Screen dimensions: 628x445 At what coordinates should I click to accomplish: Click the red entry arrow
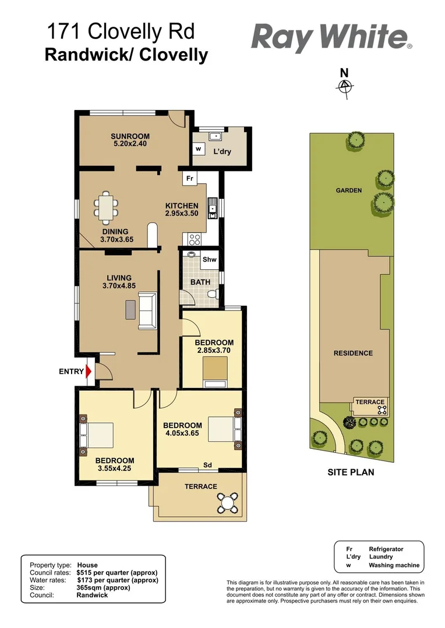click(89, 372)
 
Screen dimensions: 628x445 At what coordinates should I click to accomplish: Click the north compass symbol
click(345, 86)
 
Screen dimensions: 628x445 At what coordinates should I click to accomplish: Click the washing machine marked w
click(198, 148)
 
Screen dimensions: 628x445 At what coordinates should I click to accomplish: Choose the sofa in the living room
click(147, 310)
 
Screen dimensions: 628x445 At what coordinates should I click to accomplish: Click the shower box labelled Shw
click(209, 260)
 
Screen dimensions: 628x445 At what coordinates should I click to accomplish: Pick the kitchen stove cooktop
click(193, 238)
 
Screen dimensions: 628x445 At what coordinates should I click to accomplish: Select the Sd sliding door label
click(207, 465)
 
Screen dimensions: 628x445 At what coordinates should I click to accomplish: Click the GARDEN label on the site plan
click(348, 190)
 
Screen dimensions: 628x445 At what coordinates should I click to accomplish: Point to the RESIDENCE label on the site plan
click(353, 353)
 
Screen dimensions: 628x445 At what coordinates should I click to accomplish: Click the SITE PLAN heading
click(351, 472)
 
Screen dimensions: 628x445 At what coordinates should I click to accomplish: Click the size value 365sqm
click(91, 587)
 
